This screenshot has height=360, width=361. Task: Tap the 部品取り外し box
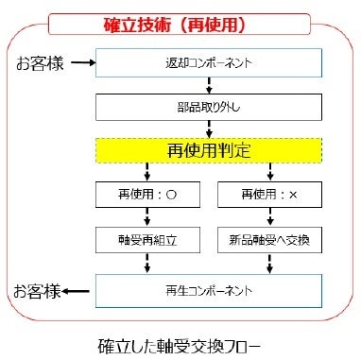pos(208,106)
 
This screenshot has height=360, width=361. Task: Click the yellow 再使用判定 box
pos(208,149)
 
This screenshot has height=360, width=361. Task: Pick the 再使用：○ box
pos(146,195)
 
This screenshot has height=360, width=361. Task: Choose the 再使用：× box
pos(270,195)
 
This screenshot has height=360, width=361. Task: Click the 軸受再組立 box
pos(146,239)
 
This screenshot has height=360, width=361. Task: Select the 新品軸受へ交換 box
pos(270,239)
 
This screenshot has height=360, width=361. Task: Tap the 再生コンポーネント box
pos(208,289)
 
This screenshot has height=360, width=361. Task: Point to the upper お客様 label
pos(39,63)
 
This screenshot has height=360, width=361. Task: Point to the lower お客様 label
pos(39,288)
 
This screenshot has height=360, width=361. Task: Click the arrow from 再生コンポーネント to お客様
pos(82,288)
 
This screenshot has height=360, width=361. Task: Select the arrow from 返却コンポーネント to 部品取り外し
pos(208,84)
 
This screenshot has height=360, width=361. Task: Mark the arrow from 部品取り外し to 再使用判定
pos(208,128)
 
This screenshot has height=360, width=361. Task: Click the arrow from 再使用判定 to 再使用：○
pos(146,172)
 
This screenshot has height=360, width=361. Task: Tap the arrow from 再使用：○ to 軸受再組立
pos(146,216)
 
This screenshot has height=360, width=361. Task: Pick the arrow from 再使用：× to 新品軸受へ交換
pos(270,216)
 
